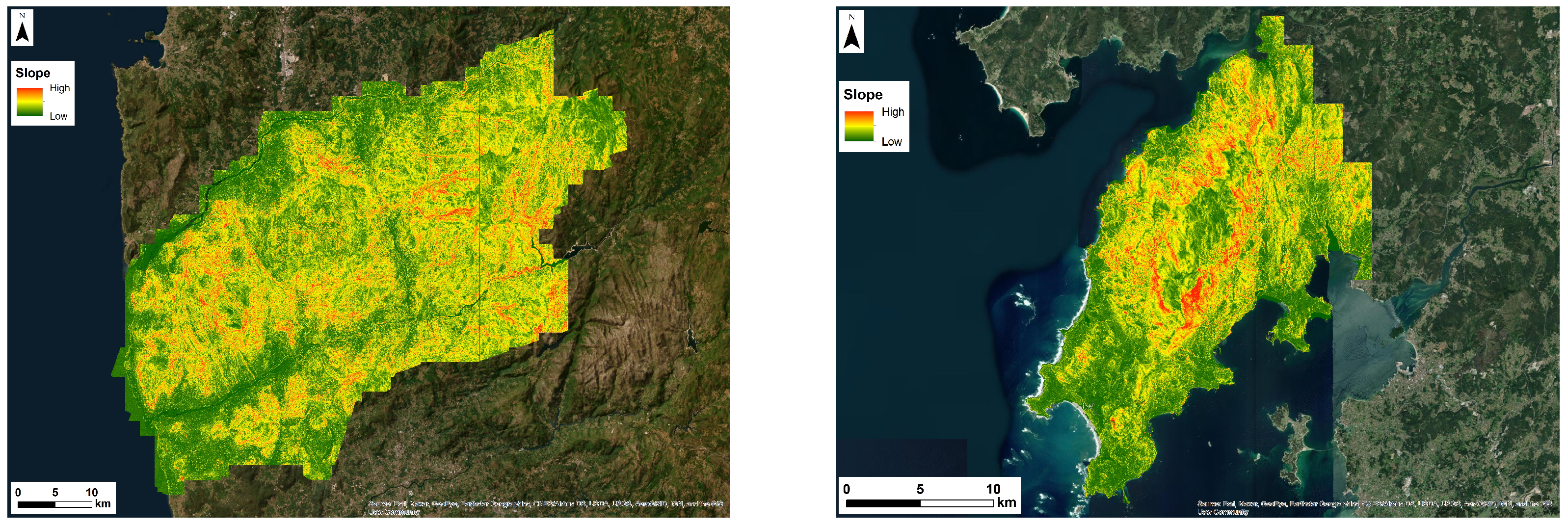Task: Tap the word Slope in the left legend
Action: [33, 73]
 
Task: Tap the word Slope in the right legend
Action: [863, 95]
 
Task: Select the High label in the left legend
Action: [59, 88]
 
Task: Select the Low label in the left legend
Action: [58, 116]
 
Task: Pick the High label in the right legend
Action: [892, 112]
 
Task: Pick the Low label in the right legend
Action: [891, 142]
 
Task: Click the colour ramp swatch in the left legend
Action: [29, 102]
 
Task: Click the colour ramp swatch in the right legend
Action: [858, 126]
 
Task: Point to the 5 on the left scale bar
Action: [55, 492]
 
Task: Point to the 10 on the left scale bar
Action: [91, 492]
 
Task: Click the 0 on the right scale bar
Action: [846, 489]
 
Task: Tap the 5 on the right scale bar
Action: [920, 489]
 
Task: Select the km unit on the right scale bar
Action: [1006, 502]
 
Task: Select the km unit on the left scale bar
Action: [103, 504]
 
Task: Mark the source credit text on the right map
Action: [1374, 507]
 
